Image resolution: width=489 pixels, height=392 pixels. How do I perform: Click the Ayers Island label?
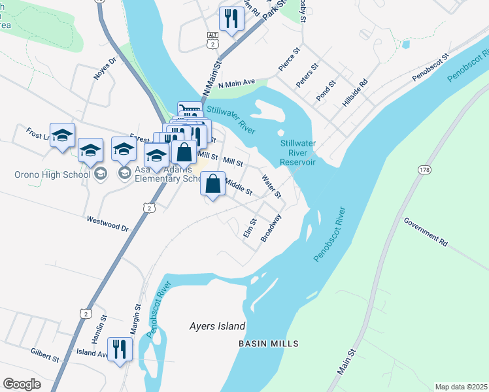[217, 326]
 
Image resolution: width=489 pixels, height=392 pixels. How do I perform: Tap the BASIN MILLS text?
[268, 344]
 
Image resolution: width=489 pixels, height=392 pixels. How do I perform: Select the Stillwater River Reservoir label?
[297, 152]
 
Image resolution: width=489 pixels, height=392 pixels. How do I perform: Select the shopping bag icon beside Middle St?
[212, 184]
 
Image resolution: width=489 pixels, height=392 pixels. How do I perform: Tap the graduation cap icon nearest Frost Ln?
[62, 135]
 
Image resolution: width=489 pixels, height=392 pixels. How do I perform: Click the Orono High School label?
[52, 174]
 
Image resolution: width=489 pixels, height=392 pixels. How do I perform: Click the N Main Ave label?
[237, 84]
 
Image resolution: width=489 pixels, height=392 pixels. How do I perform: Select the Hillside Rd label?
[356, 93]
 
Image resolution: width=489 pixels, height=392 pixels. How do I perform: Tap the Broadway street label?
[271, 227]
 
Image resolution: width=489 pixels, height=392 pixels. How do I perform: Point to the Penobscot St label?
[431, 68]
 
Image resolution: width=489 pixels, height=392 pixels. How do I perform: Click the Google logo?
[22, 384]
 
